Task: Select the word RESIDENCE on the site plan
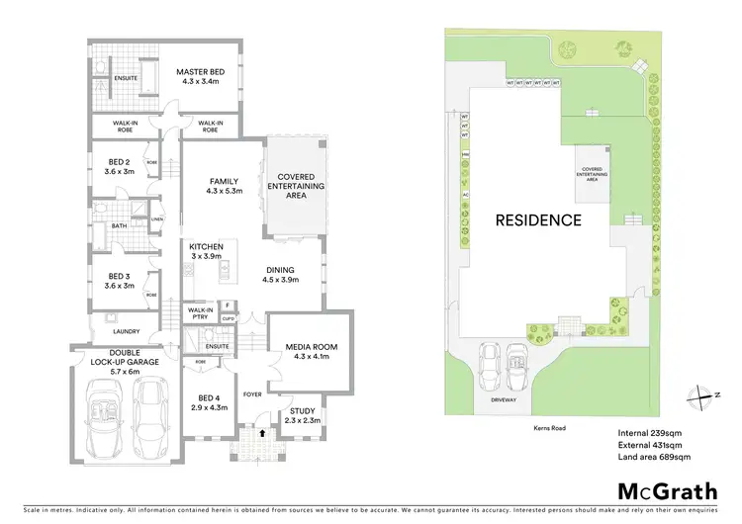point(538,219)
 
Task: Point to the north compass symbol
point(706,395)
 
